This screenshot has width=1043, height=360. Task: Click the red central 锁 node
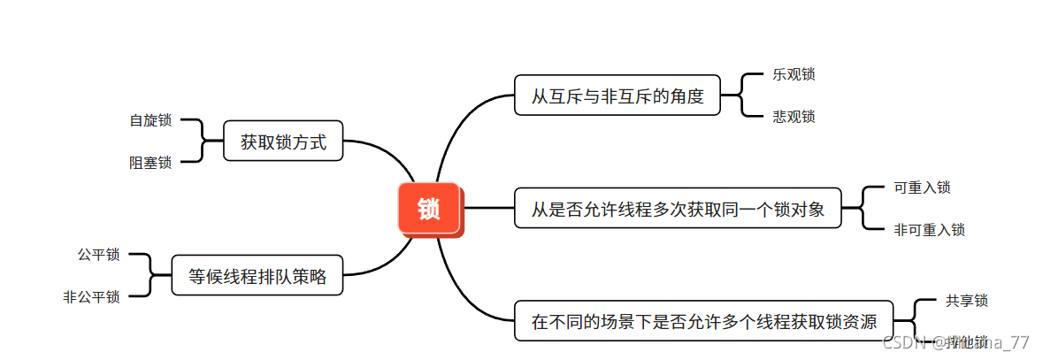(429, 209)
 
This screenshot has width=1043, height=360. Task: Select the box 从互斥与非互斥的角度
(617, 96)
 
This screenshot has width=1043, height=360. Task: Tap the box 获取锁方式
(283, 142)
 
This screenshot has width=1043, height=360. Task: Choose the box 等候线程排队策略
(257, 276)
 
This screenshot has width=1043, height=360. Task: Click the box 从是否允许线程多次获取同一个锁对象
(678, 209)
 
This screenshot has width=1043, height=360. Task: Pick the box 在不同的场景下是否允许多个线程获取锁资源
(703, 320)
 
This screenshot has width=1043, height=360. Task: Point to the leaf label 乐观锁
(794, 74)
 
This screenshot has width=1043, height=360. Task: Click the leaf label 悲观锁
(794, 117)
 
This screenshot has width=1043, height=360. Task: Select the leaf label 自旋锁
(150, 120)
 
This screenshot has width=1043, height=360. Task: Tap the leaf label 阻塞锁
(150, 163)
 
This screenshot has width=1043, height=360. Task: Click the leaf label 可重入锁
(922, 188)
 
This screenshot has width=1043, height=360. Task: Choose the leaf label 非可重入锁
(929, 230)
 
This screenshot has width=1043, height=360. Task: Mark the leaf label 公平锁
(99, 255)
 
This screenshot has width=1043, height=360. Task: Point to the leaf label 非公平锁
(92, 297)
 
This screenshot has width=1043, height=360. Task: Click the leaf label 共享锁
(966, 301)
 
